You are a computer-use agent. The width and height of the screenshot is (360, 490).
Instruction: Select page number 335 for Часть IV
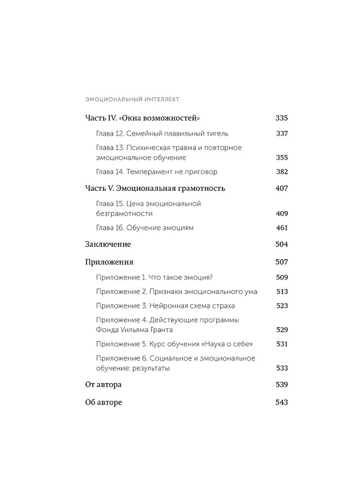[x=281, y=118]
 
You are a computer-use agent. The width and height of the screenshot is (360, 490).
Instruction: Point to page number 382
[x=281, y=171]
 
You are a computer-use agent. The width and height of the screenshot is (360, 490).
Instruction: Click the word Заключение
[x=108, y=244]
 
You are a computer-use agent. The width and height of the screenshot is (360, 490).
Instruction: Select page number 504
[x=281, y=244]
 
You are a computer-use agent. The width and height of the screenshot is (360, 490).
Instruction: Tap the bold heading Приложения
[x=109, y=262]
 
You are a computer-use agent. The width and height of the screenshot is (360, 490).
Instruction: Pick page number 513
[x=282, y=291]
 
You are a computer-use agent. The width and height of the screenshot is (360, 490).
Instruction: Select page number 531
[x=282, y=344]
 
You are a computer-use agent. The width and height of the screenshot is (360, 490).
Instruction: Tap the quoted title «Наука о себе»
[x=229, y=344]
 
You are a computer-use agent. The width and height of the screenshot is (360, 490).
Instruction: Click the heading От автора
[x=103, y=384]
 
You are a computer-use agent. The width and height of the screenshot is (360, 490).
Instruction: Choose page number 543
[x=281, y=402]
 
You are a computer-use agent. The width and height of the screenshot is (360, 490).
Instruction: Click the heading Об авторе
[x=104, y=402]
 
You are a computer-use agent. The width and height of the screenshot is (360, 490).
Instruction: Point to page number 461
[x=281, y=227]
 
